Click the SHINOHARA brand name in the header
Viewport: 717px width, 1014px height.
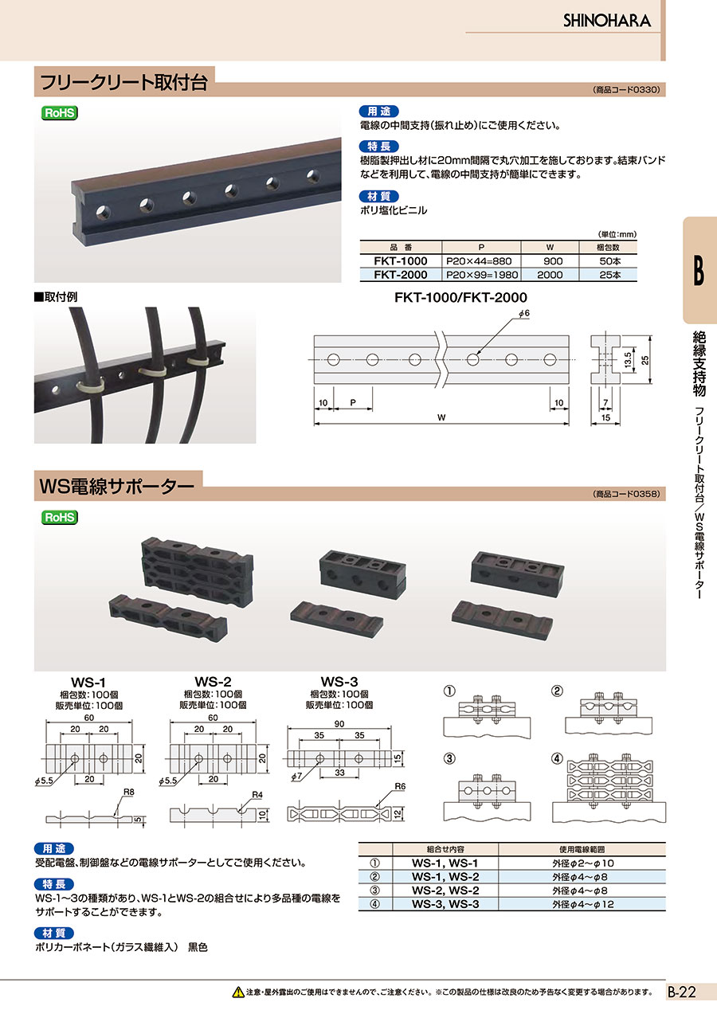[607, 21]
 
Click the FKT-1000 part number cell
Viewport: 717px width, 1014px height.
[401, 261]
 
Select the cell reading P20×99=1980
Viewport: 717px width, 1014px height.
[482, 275]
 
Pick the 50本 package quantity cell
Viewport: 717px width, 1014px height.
[609, 261]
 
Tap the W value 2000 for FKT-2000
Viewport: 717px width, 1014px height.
[550, 275]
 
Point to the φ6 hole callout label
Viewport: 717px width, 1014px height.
[523, 313]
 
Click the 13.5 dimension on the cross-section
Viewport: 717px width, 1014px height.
[629, 361]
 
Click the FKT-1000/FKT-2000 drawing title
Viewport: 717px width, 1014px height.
[460, 297]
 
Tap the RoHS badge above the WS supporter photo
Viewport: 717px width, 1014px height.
[59, 517]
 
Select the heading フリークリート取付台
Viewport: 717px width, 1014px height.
[124, 82]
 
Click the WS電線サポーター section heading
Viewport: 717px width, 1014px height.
[117, 486]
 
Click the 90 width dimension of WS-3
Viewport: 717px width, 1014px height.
[339, 724]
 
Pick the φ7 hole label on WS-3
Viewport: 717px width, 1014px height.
[296, 777]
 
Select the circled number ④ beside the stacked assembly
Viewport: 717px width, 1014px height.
[557, 758]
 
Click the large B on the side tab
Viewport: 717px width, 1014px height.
[699, 271]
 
